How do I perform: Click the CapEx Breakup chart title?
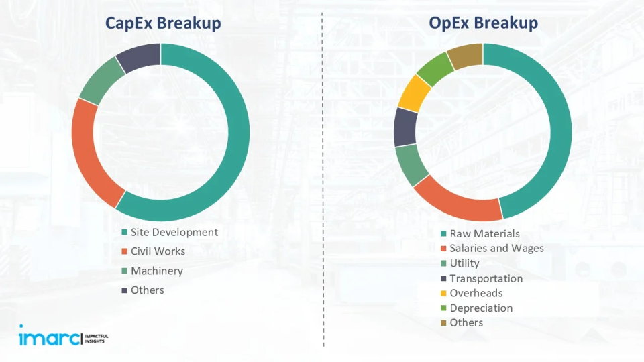[x=163, y=23]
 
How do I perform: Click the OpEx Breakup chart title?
[x=483, y=23]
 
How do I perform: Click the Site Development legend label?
[x=174, y=232]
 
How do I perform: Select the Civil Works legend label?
[x=158, y=251]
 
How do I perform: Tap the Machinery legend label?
[x=156, y=271]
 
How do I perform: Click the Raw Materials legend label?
[x=484, y=234]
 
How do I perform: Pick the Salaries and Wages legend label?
[x=496, y=249]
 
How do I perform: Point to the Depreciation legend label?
[x=481, y=308]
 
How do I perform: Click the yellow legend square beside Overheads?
[x=443, y=294]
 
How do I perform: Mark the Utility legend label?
[x=464, y=263]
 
